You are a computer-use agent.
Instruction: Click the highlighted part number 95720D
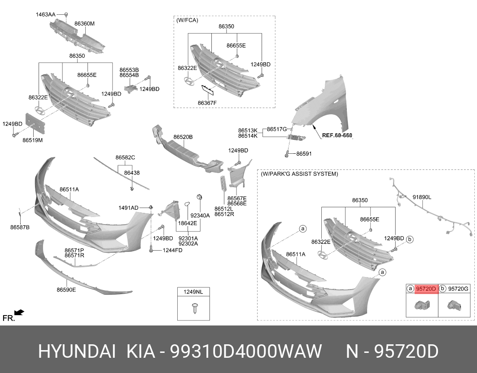tap(426, 289)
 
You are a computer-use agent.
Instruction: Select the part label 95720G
tap(458, 289)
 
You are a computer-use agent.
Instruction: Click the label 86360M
tap(84, 24)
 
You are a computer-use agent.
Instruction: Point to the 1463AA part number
tap(46, 15)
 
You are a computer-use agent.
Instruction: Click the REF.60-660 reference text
tap(337, 135)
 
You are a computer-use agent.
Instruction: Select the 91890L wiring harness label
tap(421, 197)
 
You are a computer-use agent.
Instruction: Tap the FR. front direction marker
tap(9, 318)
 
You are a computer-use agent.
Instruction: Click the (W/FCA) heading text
tap(187, 20)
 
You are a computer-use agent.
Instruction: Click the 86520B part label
tap(183, 137)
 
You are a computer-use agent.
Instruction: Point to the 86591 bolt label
tap(303, 154)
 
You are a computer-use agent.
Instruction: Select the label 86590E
tap(66, 290)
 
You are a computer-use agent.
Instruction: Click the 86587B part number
tap(20, 227)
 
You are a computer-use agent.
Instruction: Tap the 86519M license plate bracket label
tap(32, 140)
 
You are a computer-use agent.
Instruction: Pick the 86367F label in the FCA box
tap(207, 103)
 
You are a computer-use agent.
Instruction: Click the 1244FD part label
tap(172, 250)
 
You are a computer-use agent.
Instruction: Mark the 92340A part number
tap(200, 215)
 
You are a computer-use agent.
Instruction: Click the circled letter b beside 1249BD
tap(410, 240)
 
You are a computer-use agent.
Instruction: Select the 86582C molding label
tap(125, 157)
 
